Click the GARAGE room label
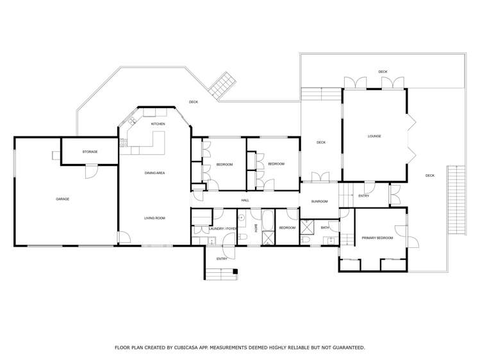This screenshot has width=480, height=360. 62,199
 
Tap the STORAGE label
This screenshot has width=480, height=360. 90,152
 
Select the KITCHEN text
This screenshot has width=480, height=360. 158,124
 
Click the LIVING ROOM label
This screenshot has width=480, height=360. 154,218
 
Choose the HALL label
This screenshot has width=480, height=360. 245,201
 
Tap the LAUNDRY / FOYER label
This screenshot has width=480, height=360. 223,228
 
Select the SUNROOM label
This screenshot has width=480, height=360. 319,202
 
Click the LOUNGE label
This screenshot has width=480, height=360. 374,136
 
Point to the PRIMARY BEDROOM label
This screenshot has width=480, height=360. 377,238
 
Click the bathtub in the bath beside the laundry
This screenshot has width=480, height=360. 269,227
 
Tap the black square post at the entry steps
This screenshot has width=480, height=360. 235,276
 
